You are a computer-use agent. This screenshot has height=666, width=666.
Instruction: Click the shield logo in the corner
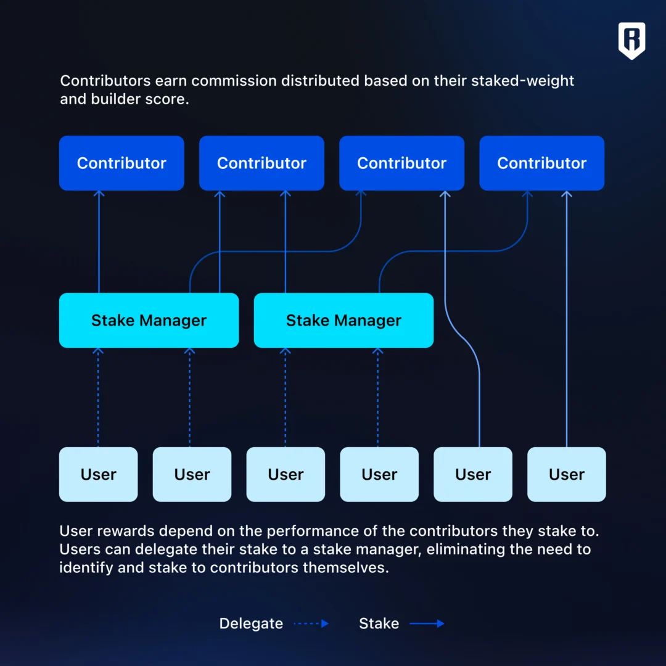point(631,41)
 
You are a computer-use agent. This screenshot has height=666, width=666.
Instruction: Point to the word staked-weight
point(522,81)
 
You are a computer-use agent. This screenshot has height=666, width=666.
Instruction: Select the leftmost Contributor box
point(121,163)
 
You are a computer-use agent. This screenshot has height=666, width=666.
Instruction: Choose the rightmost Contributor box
point(541,163)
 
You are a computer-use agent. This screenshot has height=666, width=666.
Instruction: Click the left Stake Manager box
point(149,320)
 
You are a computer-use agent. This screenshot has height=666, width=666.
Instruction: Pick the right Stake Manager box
point(343,320)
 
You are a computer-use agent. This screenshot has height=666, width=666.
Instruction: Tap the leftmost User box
point(98,474)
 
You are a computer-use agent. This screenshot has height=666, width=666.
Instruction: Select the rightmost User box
point(567,474)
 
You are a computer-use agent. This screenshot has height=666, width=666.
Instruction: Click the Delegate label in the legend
point(251,623)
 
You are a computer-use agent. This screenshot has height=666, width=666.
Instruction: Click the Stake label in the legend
point(379,623)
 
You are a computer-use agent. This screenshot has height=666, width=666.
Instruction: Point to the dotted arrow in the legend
point(311,623)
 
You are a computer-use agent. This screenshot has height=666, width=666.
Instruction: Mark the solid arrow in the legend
point(427,623)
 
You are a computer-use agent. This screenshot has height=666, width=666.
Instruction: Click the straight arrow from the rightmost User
point(567,319)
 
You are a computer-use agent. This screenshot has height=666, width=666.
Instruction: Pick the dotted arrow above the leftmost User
point(98,397)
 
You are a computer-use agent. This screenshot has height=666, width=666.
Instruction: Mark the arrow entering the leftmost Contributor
point(99,242)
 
